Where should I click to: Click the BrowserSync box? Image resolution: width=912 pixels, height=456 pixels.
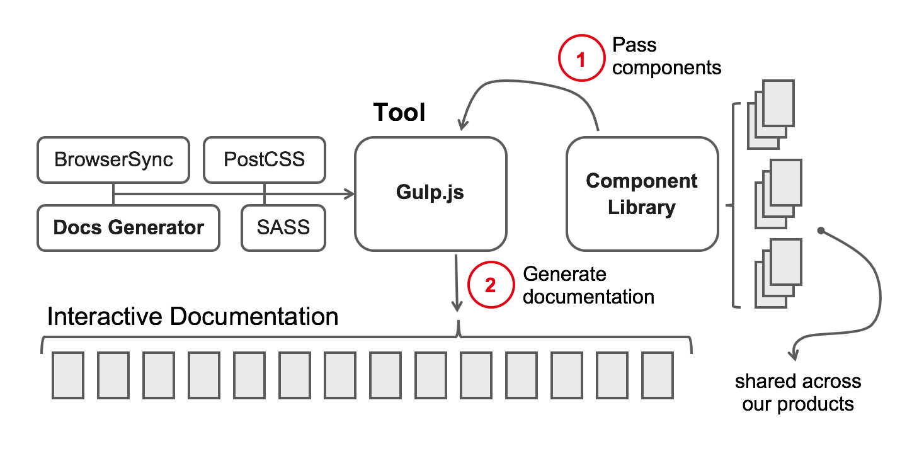point(113,159)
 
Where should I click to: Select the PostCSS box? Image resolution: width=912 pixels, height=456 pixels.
point(265,159)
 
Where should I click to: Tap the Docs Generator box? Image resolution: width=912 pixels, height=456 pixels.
point(128,227)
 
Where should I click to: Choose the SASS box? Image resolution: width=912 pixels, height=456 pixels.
point(283,227)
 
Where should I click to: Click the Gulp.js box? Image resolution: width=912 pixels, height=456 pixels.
point(430,193)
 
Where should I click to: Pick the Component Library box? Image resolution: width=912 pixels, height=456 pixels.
point(642,193)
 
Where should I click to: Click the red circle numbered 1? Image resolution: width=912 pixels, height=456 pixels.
point(581,59)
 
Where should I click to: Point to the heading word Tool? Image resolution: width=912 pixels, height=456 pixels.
point(399,112)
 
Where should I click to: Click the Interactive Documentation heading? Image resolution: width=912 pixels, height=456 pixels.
point(193,316)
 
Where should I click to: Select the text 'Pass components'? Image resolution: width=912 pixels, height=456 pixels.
point(666,56)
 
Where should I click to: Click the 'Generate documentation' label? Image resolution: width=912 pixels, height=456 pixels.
point(588,285)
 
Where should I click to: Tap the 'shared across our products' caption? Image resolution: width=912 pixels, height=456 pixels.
point(798,392)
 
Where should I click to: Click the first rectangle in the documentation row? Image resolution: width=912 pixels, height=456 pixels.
point(68,375)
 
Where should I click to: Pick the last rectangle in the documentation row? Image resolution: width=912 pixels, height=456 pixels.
point(658,375)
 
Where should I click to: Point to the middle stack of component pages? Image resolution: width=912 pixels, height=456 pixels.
point(777,193)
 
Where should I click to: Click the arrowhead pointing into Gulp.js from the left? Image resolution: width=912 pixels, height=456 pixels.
point(350,194)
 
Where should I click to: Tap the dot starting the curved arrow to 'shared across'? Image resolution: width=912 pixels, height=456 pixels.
point(821,231)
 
